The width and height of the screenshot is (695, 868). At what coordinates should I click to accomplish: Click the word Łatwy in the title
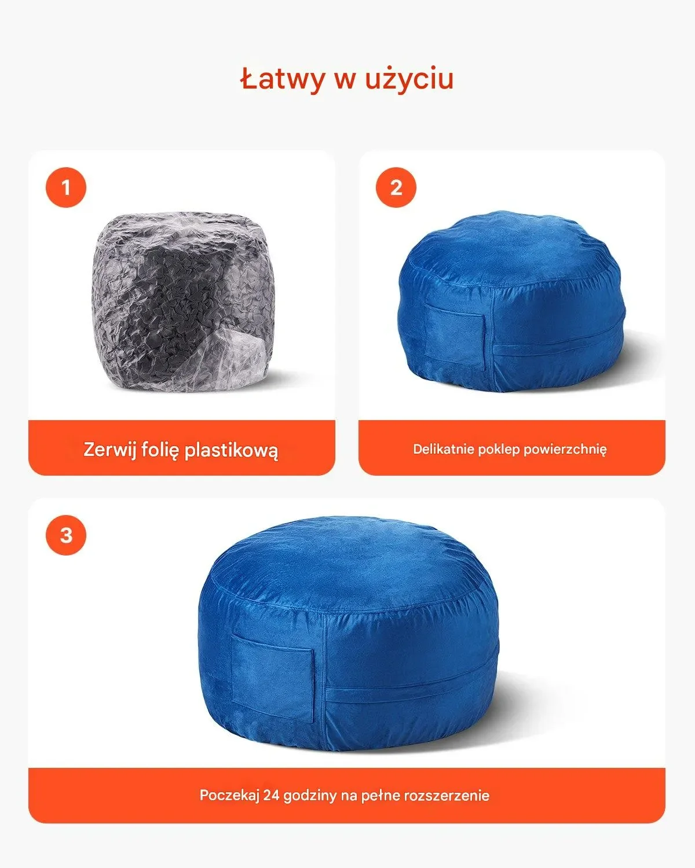coord(282,79)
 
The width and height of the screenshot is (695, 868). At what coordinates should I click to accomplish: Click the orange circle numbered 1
coord(66,187)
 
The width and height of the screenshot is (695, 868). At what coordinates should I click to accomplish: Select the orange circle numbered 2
coord(396,187)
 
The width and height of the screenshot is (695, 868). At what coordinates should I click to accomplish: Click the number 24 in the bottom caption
coord(271,795)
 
